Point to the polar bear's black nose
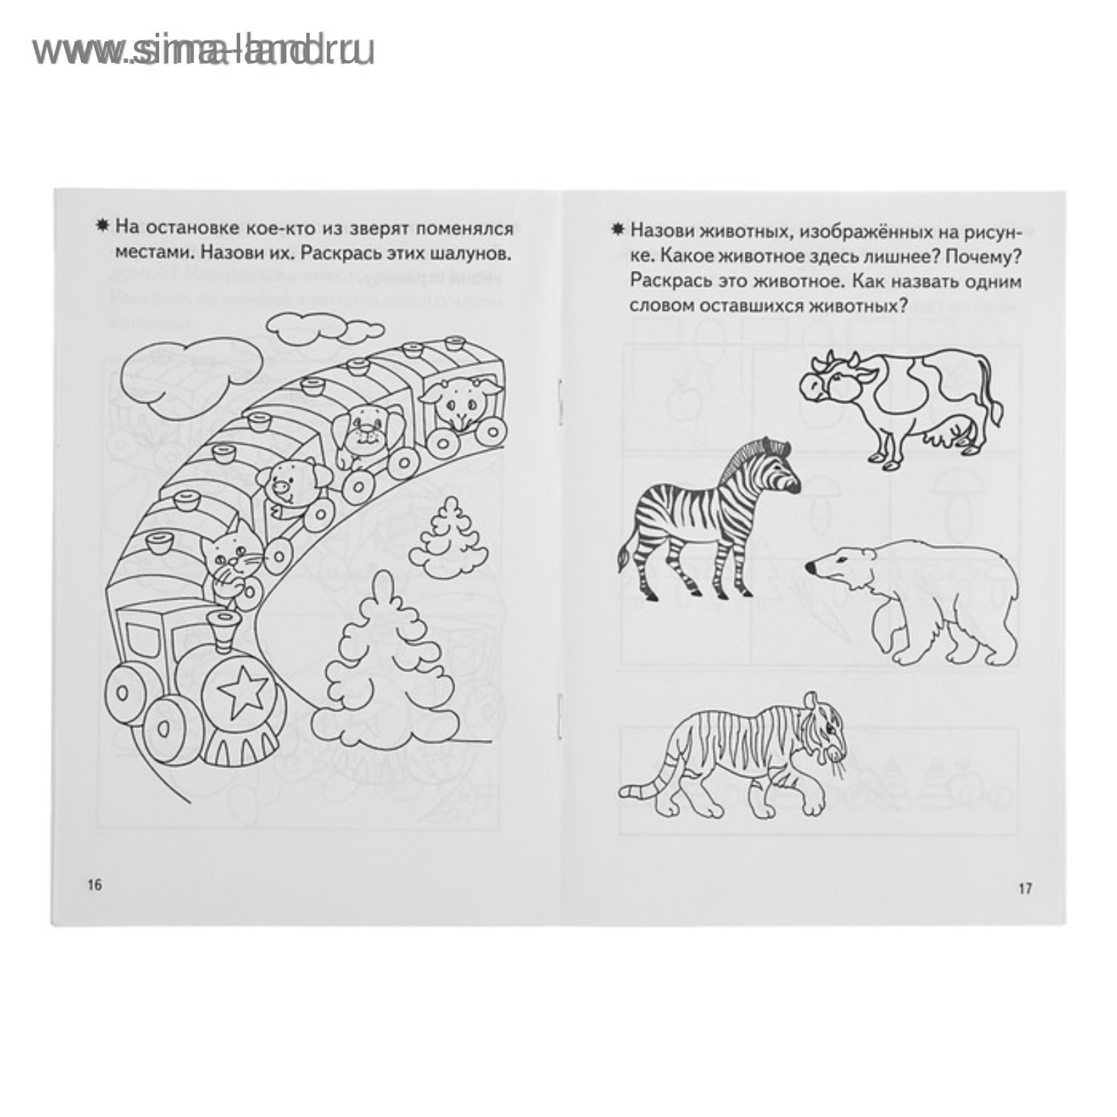pos(810,568)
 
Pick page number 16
pos(94,885)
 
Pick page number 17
pos(1024,889)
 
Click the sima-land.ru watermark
pos(203,51)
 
